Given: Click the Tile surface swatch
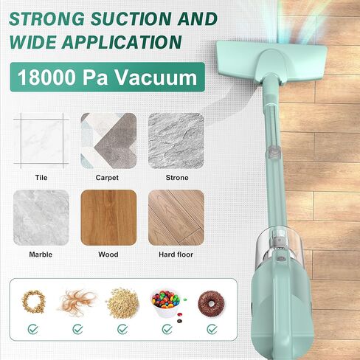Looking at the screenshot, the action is tap(41, 141).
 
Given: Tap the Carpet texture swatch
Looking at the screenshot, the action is tap(108, 141).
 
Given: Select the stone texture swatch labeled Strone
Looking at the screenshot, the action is tap(176, 141).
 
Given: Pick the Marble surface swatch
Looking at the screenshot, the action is tap(41, 218).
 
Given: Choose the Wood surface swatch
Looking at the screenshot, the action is tap(108, 218).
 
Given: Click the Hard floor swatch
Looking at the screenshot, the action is tap(176, 218).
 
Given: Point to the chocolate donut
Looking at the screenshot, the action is tap(211, 303).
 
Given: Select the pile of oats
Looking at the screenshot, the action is tap(122, 303).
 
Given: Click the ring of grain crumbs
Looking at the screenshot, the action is tap(34, 302).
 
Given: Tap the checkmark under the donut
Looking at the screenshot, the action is tap(212, 329).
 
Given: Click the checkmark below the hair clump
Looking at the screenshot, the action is tap(77, 329).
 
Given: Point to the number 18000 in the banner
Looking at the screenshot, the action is tap(46, 77).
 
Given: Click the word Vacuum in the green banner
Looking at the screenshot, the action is tap(156, 77).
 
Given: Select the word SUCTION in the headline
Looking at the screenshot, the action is tap(131, 18).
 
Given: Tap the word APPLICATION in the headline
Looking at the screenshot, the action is tap(122, 42).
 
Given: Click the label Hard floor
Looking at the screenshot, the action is tap(176, 255).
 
